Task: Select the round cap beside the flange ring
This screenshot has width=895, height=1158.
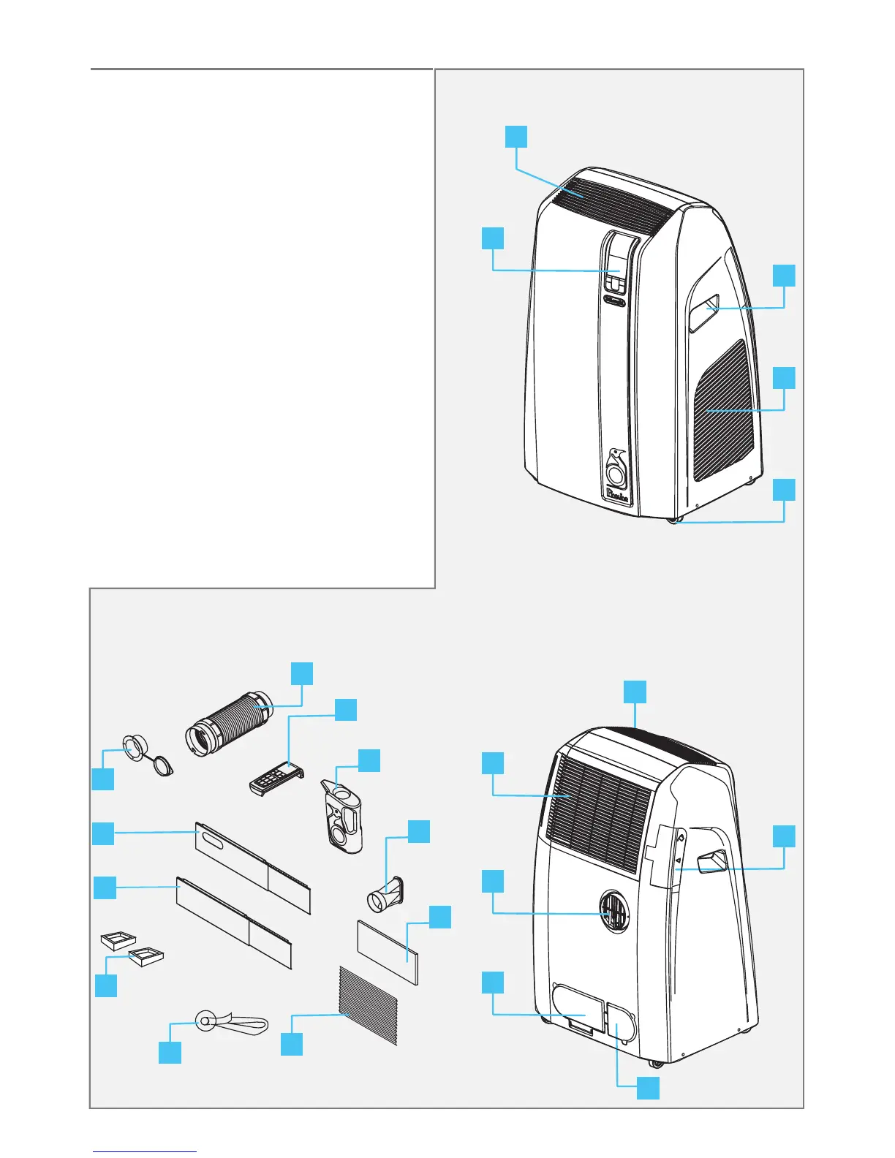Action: (162, 765)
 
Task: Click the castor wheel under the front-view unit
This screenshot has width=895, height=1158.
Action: (673, 520)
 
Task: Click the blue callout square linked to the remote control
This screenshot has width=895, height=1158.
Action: (346, 710)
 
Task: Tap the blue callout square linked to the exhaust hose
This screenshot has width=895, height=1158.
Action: (301, 673)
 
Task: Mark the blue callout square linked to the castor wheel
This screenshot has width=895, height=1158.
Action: (784, 490)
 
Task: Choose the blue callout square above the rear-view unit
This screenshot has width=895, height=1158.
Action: (635, 692)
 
